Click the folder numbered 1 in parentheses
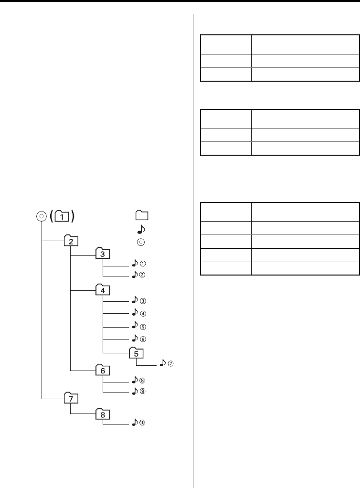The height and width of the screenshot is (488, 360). pos(64,216)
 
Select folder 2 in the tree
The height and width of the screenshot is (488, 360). pos(71,241)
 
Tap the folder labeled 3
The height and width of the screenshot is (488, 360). pos(103,254)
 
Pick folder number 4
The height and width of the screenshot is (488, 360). pos(103,290)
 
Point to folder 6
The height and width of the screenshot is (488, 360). pos(103,370)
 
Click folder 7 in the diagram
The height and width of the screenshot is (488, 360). pos(71,398)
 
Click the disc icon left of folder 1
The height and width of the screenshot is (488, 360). pos(42,216)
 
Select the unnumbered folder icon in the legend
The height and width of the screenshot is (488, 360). pos(141,214)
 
